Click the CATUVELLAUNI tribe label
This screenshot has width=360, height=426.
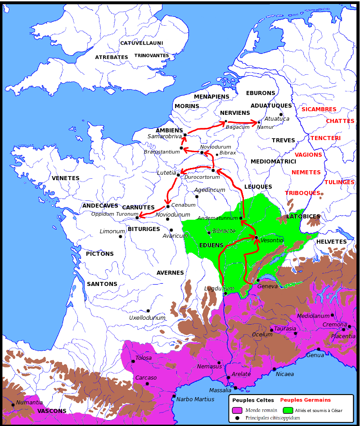pyautogui.click(x=141, y=43)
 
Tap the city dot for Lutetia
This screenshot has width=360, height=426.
pyautogui.click(x=179, y=175)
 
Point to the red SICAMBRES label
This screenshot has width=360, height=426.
pyautogui.click(x=319, y=109)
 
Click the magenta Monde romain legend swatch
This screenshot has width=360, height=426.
pyautogui.click(x=237, y=410)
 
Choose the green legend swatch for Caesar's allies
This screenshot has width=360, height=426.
pyautogui.click(x=288, y=410)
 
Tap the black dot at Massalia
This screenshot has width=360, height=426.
pyautogui.click(x=235, y=387)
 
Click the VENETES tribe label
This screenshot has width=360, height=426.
pyautogui.click(x=65, y=178)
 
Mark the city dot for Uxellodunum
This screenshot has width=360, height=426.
pyautogui.click(x=148, y=311)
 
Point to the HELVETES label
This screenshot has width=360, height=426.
pyautogui.click(x=331, y=242)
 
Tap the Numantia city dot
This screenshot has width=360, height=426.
pyautogui.click(x=13, y=405)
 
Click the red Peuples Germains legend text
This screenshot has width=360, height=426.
pyautogui.click(x=305, y=400)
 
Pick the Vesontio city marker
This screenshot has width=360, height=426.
pyautogui.click(x=256, y=237)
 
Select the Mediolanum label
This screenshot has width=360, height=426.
pyautogui.click(x=313, y=316)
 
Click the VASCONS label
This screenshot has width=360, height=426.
pyautogui.click(x=52, y=411)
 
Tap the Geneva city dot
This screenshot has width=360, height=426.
pyautogui.click(x=258, y=281)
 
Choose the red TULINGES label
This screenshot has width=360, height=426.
pyautogui.click(x=339, y=182)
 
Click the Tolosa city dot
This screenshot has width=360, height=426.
pyautogui.click(x=132, y=361)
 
